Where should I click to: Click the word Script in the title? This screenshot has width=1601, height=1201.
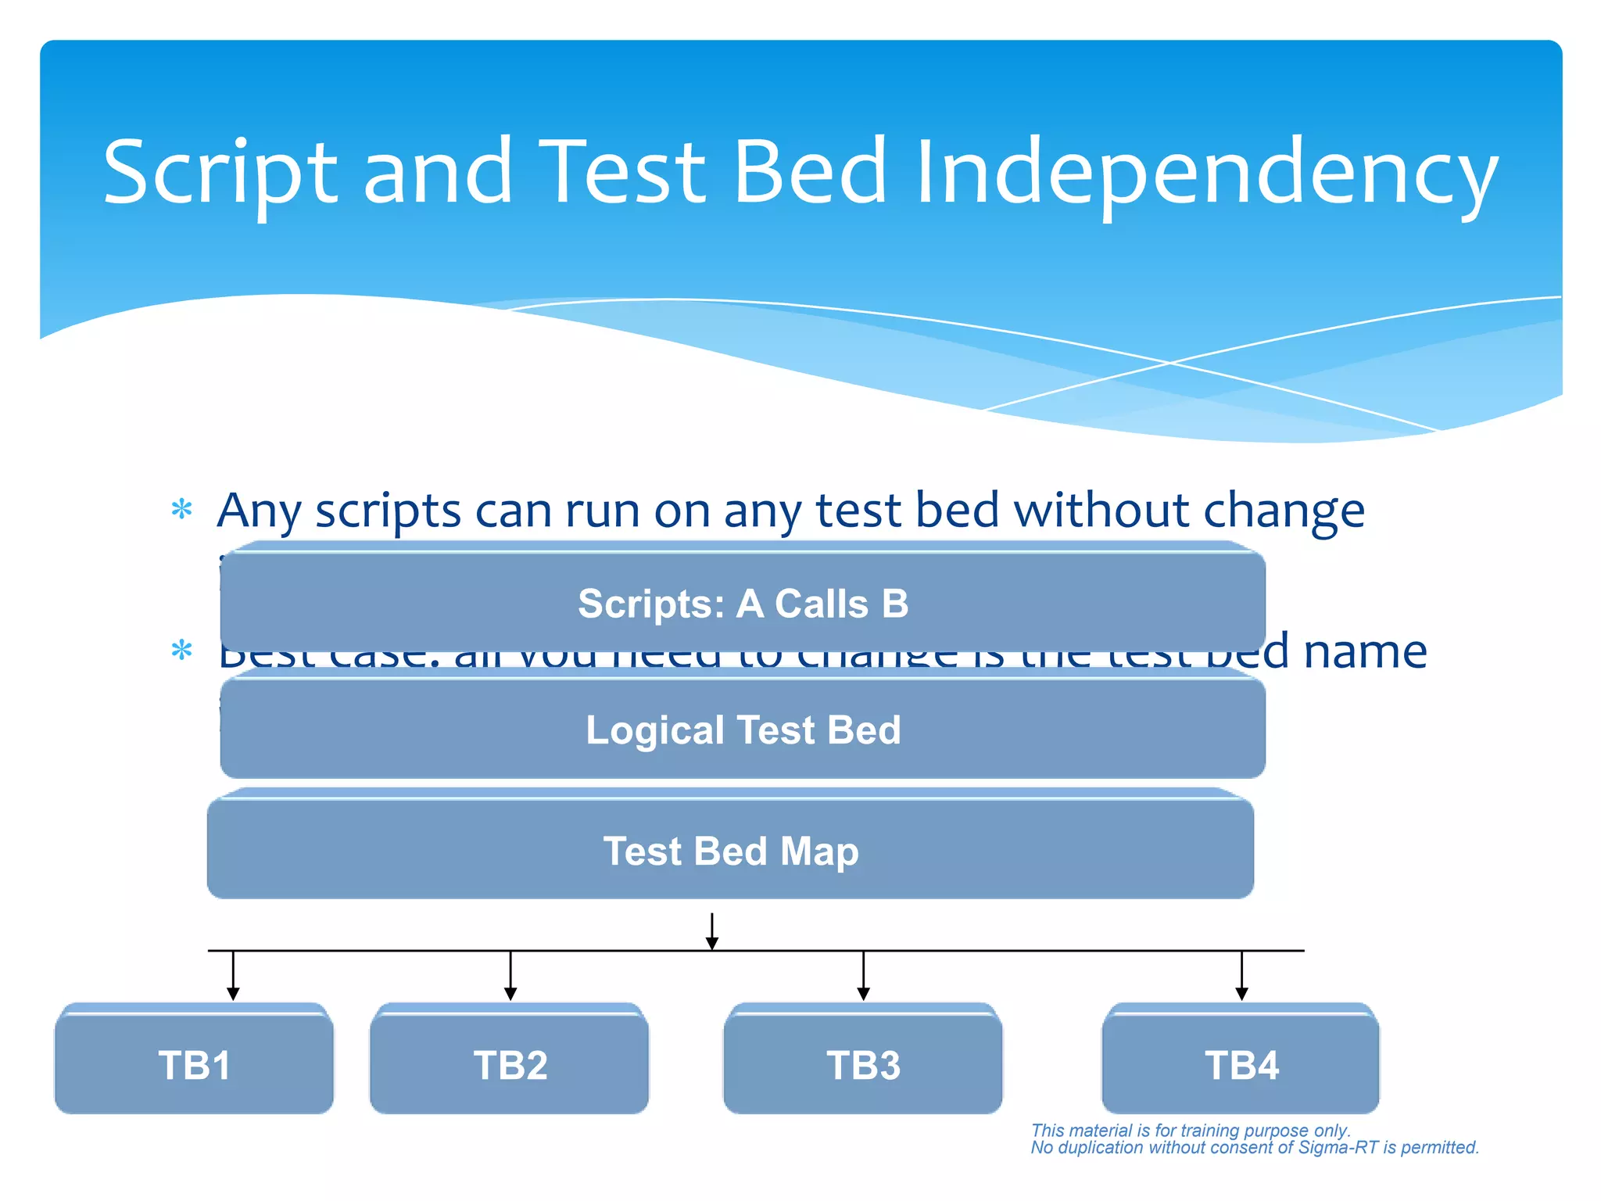click(x=219, y=174)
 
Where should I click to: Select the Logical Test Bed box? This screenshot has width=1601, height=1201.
click(x=743, y=730)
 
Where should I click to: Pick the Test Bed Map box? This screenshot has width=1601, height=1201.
click(x=730, y=851)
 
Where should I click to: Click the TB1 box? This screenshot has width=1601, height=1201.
click(x=194, y=1064)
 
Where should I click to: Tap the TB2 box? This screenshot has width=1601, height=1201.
click(x=510, y=1064)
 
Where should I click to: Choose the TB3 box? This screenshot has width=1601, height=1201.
click(x=863, y=1064)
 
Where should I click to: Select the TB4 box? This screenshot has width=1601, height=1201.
click(x=1241, y=1064)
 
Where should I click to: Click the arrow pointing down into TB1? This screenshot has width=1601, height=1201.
click(x=233, y=977)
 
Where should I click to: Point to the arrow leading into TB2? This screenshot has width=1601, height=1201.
click(x=510, y=977)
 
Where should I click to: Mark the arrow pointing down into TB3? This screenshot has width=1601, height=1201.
click(x=863, y=977)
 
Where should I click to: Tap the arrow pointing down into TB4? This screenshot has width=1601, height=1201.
click(x=1241, y=977)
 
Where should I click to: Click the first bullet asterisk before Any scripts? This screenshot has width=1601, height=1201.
click(x=181, y=510)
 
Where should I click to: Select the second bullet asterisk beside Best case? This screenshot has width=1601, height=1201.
click(x=181, y=650)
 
